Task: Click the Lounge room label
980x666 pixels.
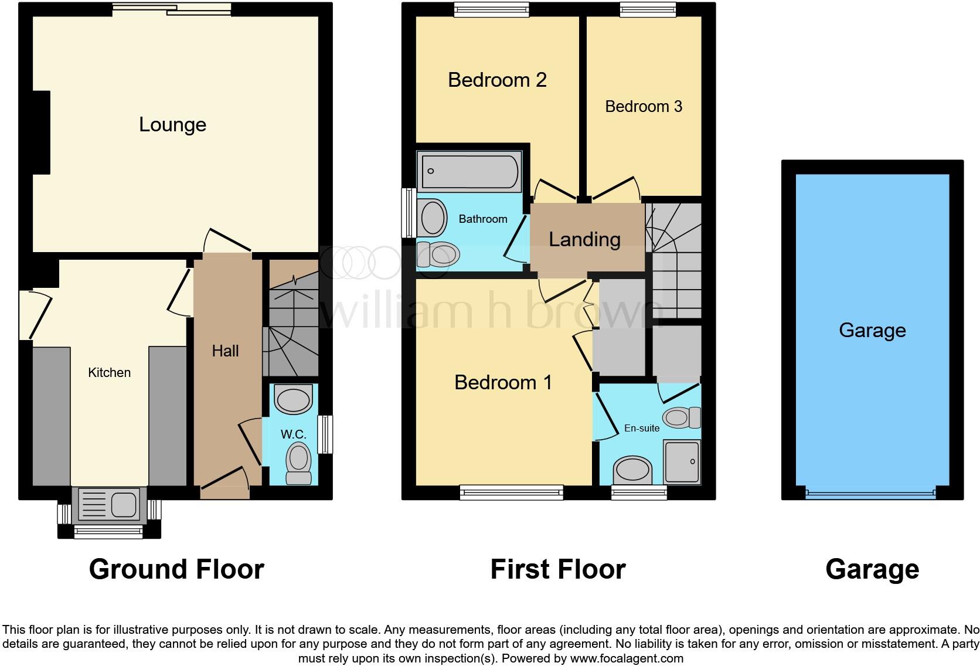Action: tap(172, 124)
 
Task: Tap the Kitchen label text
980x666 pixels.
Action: tap(109, 372)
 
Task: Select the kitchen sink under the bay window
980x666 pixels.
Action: tap(110, 504)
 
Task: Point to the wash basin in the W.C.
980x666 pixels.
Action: tap(294, 400)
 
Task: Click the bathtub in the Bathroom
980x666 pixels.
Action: tap(469, 171)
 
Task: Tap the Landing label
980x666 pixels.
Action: tap(584, 239)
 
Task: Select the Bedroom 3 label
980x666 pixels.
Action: tap(644, 107)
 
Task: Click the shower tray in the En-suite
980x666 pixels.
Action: tap(682, 462)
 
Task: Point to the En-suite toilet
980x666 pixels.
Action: tap(681, 418)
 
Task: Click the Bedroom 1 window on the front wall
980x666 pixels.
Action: tap(512, 492)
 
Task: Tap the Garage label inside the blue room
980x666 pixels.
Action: tap(872, 330)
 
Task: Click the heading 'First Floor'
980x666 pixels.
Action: tap(558, 569)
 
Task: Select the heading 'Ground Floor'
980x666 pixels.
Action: tap(176, 569)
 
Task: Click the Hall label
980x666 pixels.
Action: tap(225, 351)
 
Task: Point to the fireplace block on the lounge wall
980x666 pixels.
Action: tap(41, 132)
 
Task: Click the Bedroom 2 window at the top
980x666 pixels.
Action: tap(491, 9)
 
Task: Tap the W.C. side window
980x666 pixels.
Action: tap(325, 434)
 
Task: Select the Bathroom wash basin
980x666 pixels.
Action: tap(433, 218)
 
